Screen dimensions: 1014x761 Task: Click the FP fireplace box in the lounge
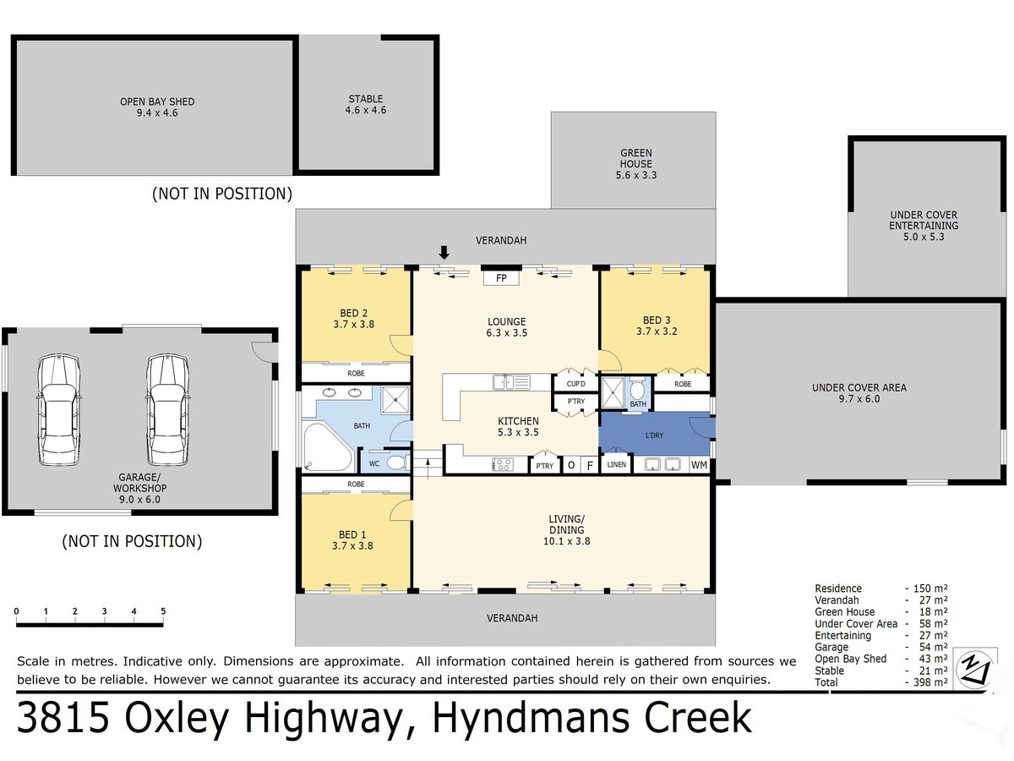501,278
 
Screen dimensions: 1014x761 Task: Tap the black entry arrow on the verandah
444,253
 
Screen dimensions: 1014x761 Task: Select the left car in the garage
58,410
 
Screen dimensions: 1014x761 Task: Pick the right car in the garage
167,410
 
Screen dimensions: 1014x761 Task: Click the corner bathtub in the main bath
328,446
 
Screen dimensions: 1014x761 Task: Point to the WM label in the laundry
699,465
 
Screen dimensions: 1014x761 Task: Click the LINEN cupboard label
616,464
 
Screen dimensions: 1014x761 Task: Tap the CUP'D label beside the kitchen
575,384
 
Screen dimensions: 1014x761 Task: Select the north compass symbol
975,670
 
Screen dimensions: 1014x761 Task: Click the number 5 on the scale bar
163,610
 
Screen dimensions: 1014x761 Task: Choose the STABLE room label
365,99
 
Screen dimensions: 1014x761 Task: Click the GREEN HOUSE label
636,158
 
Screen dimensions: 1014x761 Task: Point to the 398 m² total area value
930,682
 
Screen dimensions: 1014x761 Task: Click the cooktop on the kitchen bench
502,465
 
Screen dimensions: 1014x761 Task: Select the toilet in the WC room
397,463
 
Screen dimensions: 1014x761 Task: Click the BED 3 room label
657,320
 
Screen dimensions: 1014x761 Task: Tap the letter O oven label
571,465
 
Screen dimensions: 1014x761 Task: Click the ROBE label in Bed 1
356,485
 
